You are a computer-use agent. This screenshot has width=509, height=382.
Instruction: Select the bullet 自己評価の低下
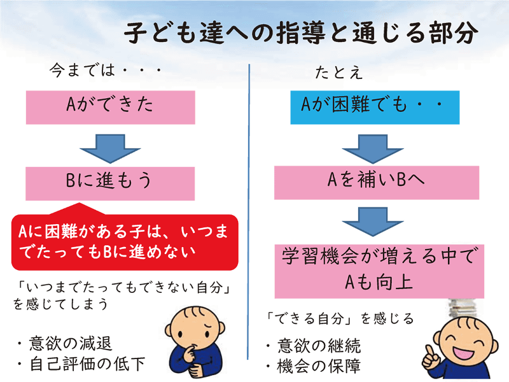(80, 364)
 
